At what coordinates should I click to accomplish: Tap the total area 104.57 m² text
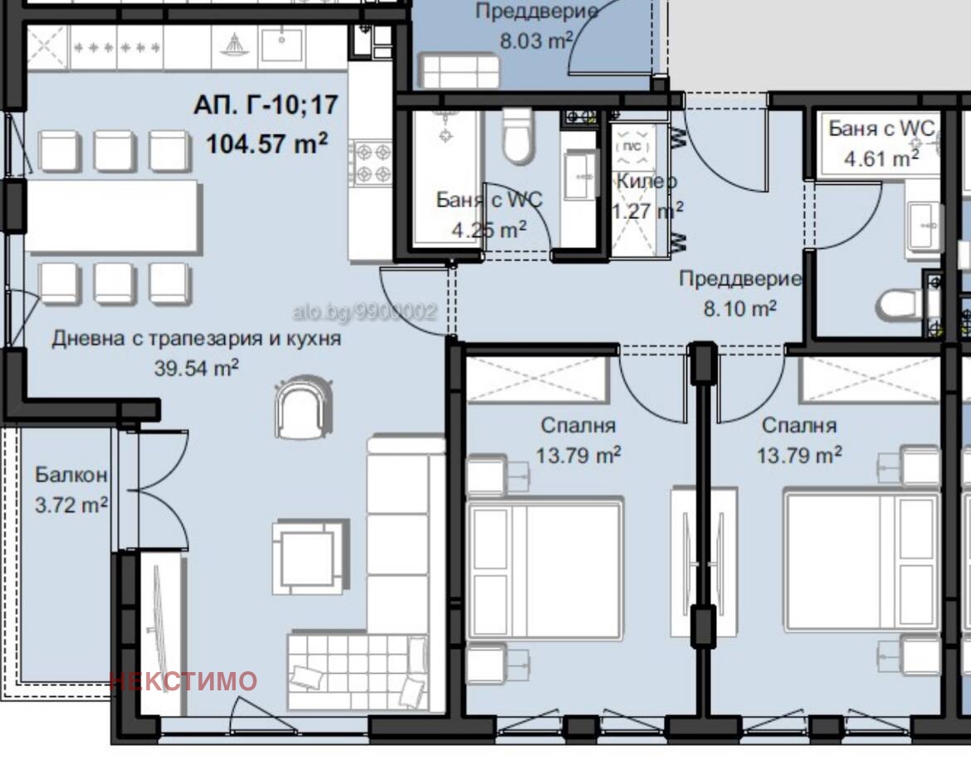[267, 143]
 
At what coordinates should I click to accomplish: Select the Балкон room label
[71, 475]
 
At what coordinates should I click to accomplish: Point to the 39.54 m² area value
[197, 368]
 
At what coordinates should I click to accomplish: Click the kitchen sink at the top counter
[282, 45]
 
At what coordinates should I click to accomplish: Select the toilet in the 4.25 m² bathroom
[518, 137]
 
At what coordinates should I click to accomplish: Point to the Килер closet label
[647, 182]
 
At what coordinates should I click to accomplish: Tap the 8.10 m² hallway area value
[740, 308]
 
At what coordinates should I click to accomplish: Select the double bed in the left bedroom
[544, 569]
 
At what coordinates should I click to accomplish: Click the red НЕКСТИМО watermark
[183, 681]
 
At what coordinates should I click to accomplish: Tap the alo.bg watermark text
[364, 311]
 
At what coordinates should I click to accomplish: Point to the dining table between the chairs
[113, 216]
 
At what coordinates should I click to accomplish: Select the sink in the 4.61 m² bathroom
[925, 225]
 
